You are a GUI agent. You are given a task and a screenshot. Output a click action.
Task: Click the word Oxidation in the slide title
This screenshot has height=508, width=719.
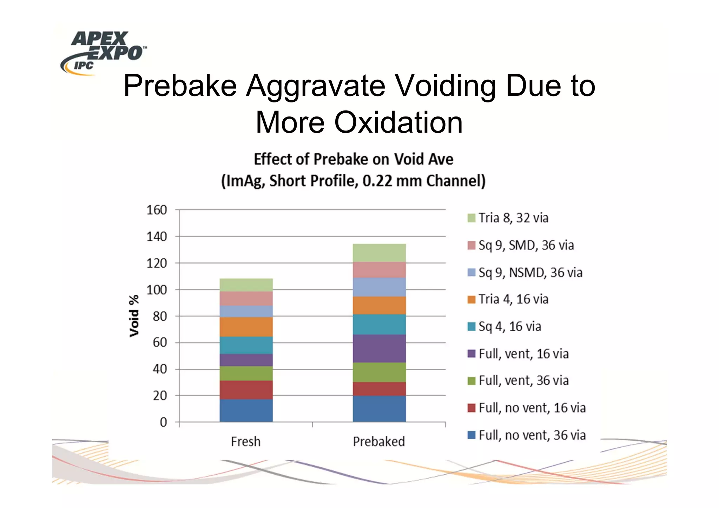pos(398,122)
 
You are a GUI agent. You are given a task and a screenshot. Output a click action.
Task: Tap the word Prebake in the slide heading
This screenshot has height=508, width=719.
pos(180,86)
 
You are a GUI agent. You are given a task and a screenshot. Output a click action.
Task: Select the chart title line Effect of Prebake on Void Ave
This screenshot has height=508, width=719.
pos(354,159)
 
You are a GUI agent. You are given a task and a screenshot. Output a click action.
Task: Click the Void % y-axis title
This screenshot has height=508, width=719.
pos(134,316)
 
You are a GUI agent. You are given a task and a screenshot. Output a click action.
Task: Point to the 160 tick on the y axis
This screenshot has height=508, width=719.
pos(157,210)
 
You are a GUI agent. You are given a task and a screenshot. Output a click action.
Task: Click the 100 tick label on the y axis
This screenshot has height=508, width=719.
pos(157,290)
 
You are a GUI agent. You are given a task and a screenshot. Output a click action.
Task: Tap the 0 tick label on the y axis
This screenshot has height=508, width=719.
pos(163,422)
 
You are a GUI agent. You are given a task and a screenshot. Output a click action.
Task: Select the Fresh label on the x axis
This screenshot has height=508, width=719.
pos(246,441)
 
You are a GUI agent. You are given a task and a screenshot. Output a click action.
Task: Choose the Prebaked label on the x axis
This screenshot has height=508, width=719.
pos(379,441)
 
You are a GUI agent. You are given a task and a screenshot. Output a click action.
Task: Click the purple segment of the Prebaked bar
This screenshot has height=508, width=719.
pos(379,348)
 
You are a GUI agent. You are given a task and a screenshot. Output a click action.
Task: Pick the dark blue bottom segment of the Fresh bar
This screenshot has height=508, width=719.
pos(246,410)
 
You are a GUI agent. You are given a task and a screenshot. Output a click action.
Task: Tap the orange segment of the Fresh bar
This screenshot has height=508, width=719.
pos(246,327)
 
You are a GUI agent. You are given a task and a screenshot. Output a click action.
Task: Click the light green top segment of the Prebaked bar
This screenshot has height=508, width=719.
pos(379,253)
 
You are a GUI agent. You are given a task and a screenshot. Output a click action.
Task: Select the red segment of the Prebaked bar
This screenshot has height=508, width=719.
pos(379,389)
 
